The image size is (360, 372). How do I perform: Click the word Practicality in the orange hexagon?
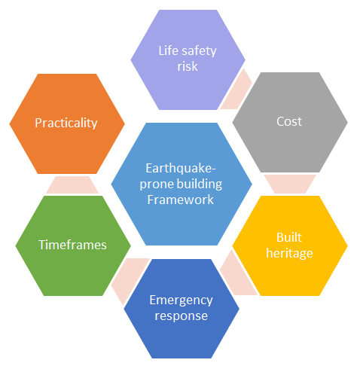pyautogui.click(x=66, y=123)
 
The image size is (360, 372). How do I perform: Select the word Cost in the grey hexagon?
pyautogui.click(x=289, y=121)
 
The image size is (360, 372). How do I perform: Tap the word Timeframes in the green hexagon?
pyautogui.click(x=72, y=245)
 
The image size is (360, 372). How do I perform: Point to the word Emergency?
pyautogui.click(x=181, y=300)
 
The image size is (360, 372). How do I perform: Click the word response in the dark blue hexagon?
pyautogui.click(x=182, y=316)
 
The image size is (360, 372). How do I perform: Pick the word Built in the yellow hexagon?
pyautogui.click(x=289, y=237)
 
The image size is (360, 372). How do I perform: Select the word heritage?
pyautogui.click(x=289, y=253)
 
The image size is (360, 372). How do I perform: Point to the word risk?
pyautogui.click(x=188, y=66)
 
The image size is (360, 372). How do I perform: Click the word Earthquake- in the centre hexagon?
pyautogui.click(x=181, y=169)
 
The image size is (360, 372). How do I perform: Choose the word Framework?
pyautogui.click(x=181, y=200)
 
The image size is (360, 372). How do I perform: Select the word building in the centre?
pyautogui.click(x=200, y=184)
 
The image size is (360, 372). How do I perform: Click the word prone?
pyautogui.click(x=157, y=185)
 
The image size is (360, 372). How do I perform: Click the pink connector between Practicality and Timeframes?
pyautogui.click(x=72, y=184)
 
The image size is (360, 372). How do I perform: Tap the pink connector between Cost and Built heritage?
pyautogui.click(x=290, y=184)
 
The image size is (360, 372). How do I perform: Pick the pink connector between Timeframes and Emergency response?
pyautogui.click(x=129, y=279)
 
